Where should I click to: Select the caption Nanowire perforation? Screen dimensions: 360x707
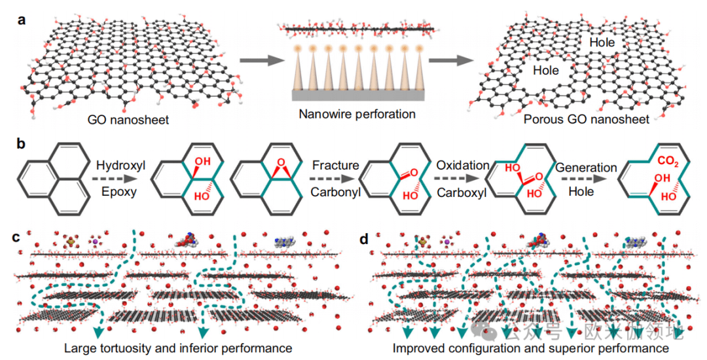tap(357, 115)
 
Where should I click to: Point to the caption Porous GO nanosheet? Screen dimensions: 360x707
tap(586, 120)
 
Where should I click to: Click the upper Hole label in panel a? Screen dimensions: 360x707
tap(602, 43)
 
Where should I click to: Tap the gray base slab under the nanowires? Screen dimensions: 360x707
tap(356, 96)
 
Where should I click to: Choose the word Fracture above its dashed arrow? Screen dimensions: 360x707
tap(335, 166)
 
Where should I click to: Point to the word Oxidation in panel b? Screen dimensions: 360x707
tap(463, 166)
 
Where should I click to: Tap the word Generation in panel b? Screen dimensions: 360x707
tap(587, 168)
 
